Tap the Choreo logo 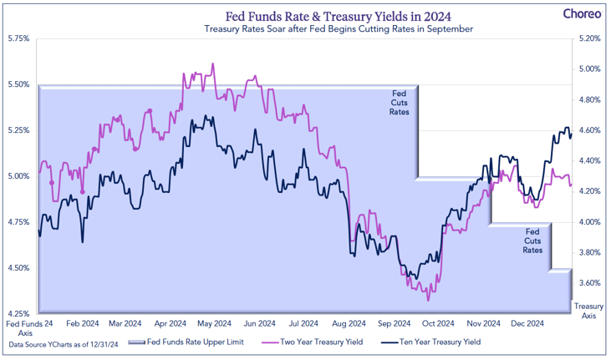pyautogui.click(x=578, y=13)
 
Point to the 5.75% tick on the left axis pyautogui.click(x=18, y=38)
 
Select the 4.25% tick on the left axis pyautogui.click(x=18, y=314)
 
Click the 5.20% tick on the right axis pyautogui.click(x=589, y=38)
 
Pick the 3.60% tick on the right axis pyautogui.click(x=589, y=283)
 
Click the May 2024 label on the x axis pyautogui.click(x=216, y=323)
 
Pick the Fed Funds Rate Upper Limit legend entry pyautogui.click(x=197, y=342)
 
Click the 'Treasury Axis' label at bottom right pyautogui.click(x=589, y=312)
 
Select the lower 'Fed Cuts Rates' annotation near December pyautogui.click(x=532, y=240)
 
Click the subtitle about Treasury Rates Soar pyautogui.click(x=339, y=29)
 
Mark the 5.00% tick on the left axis pyautogui.click(x=18, y=176)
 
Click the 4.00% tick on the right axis pyautogui.click(x=589, y=222)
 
